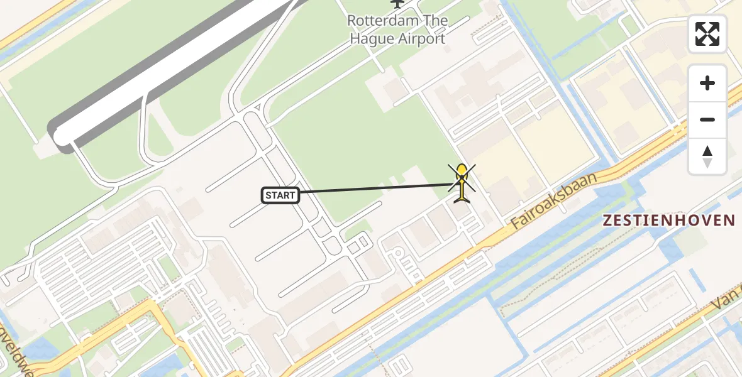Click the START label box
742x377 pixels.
280,195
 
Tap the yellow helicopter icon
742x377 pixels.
462,183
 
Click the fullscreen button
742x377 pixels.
707,34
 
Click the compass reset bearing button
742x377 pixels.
707,156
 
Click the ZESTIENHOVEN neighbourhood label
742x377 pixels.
668,221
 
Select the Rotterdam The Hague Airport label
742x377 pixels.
397,30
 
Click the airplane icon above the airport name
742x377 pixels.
397,3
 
